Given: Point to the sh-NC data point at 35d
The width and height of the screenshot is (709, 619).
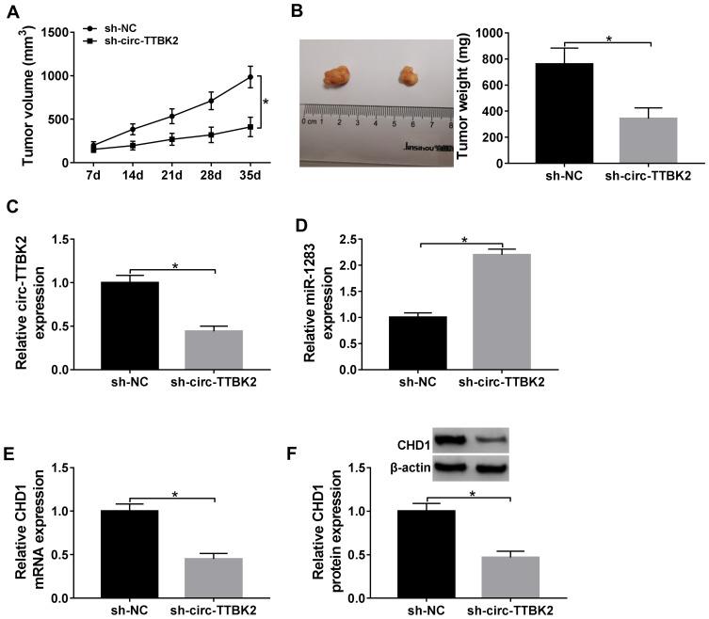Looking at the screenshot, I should tap(250, 78).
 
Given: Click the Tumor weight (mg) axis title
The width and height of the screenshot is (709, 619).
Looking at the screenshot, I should tap(463, 94).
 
